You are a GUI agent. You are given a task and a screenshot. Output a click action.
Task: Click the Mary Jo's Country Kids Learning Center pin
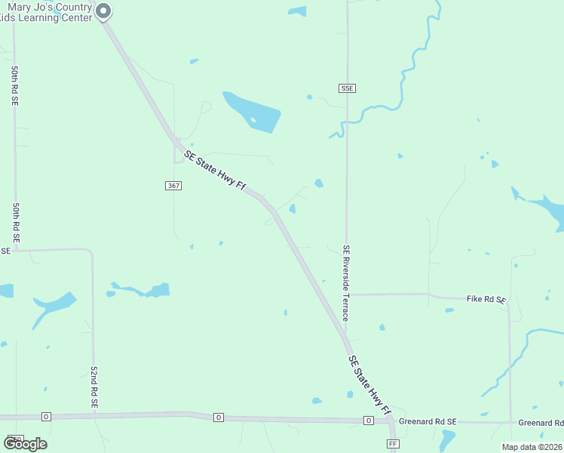(104, 11)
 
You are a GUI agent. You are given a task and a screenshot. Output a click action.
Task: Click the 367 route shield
(173, 185)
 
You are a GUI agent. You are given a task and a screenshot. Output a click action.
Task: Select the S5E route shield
(347, 88)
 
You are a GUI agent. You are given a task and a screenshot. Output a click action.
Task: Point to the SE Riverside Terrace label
(346, 283)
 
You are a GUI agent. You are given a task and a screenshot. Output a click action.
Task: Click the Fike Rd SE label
(486, 299)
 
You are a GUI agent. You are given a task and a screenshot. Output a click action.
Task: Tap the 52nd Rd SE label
(94, 388)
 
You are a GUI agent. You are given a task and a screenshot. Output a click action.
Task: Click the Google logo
(26, 443)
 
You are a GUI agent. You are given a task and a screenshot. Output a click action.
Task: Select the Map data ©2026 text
(532, 447)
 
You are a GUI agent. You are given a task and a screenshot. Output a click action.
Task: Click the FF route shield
(393, 444)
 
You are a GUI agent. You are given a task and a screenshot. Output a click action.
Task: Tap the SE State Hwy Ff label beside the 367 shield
(216, 171)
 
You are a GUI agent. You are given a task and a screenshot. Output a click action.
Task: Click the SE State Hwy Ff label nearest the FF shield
(370, 385)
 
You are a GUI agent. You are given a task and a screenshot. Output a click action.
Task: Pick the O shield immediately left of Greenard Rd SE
(369, 421)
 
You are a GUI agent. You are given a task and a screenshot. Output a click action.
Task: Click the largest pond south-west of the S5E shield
(253, 112)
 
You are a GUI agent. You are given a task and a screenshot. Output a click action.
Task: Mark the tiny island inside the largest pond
(253, 119)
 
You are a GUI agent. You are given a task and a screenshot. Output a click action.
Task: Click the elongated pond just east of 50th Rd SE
(53, 307)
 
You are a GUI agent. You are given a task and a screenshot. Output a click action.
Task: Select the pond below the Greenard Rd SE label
(447, 439)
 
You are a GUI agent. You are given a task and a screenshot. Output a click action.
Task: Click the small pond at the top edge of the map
(298, 11)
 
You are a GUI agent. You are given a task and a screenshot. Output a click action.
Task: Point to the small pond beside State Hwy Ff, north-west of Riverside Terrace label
(292, 209)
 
